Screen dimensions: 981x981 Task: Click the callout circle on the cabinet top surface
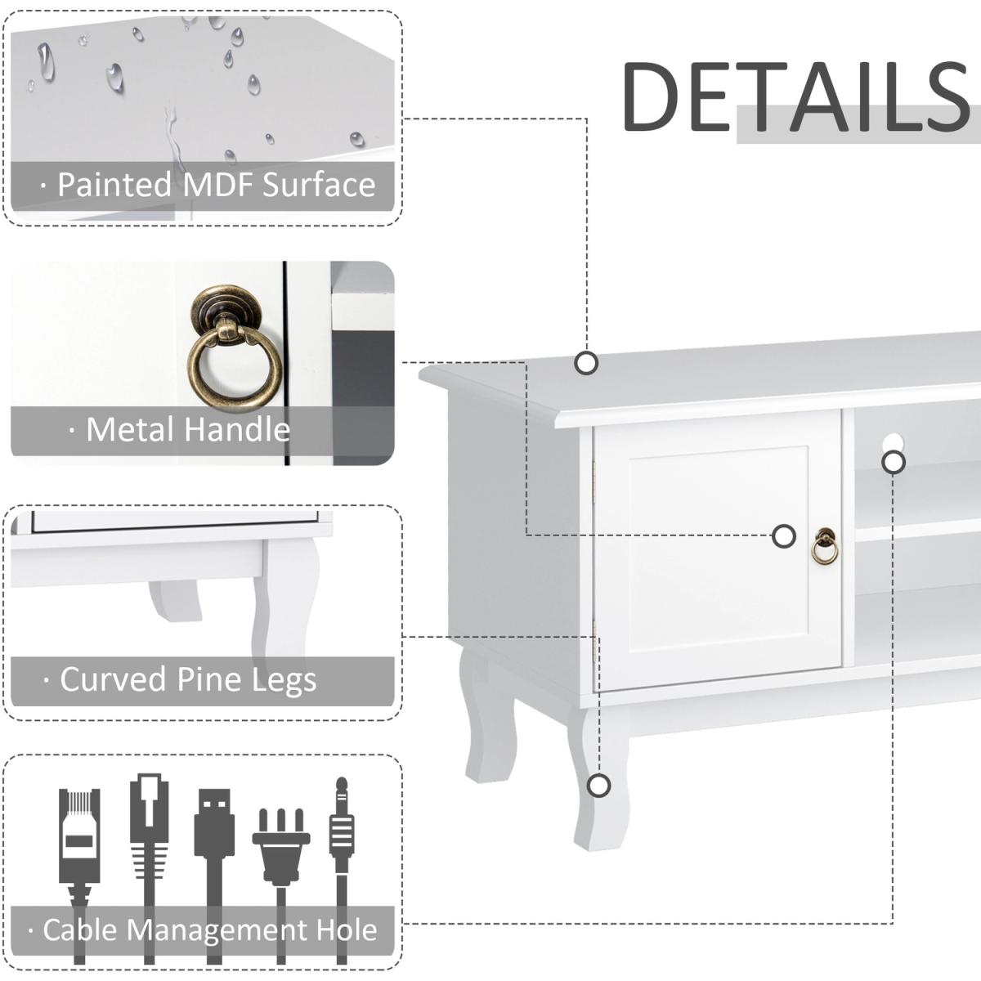coord(585,362)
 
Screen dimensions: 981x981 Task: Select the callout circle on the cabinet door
coord(784,536)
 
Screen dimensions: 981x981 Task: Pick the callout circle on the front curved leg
coord(599,786)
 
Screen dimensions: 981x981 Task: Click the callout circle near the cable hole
coord(894,462)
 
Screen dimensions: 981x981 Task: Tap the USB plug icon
coord(214,826)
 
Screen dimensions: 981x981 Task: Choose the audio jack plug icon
coord(342,826)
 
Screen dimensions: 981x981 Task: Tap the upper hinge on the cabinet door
coord(594,478)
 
